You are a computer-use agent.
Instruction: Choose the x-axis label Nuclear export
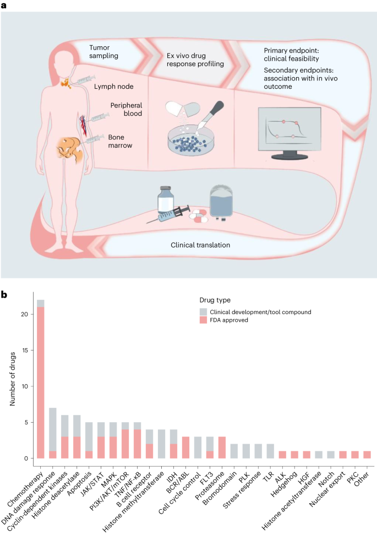329,485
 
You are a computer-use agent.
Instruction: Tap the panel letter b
4,295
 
